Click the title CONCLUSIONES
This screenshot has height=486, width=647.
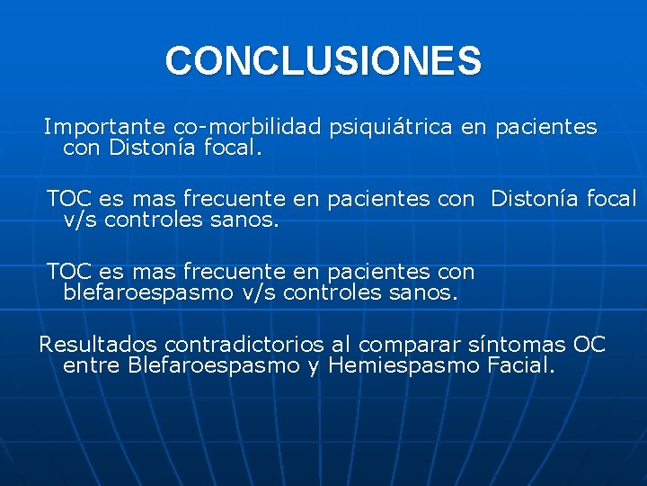[x=323, y=61]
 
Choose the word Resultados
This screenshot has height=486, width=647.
[x=91, y=345]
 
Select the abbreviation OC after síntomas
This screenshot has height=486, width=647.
[x=589, y=345]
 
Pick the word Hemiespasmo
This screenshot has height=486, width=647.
[x=403, y=365]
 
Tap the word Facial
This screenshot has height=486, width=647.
[x=520, y=365]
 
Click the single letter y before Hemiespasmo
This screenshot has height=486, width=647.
[x=314, y=367]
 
